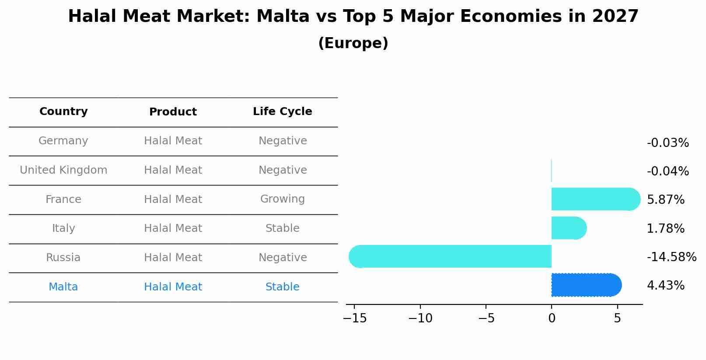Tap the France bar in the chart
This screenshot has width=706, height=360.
pyautogui.click(x=595, y=199)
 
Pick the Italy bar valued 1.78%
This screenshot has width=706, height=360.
pyautogui.click(x=568, y=228)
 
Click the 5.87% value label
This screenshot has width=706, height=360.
pyautogui.click(x=665, y=200)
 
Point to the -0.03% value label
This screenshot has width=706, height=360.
pyautogui.click(x=668, y=143)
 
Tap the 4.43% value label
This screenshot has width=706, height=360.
pyautogui.click(x=665, y=286)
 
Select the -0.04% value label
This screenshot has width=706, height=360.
pyautogui.click(x=668, y=171)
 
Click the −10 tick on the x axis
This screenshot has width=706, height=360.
pyautogui.click(x=420, y=318)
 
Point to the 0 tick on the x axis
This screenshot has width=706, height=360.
pyautogui.click(x=552, y=318)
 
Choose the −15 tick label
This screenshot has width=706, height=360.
pyautogui.click(x=355, y=318)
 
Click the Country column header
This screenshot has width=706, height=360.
pyautogui.click(x=63, y=112)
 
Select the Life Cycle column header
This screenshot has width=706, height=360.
pyautogui.click(x=283, y=112)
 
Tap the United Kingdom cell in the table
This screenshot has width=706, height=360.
pyautogui.click(x=63, y=170)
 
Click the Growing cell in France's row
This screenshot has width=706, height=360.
pyautogui.click(x=283, y=199)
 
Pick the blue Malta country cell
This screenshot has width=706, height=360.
pyautogui.click(x=63, y=287)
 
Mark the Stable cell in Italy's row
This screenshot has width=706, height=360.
pyautogui.click(x=283, y=228)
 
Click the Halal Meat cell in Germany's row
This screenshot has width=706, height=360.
pyautogui.click(x=173, y=141)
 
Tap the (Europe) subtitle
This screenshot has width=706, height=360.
pyautogui.click(x=353, y=43)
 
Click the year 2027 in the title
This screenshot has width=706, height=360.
pyautogui.click(x=615, y=17)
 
